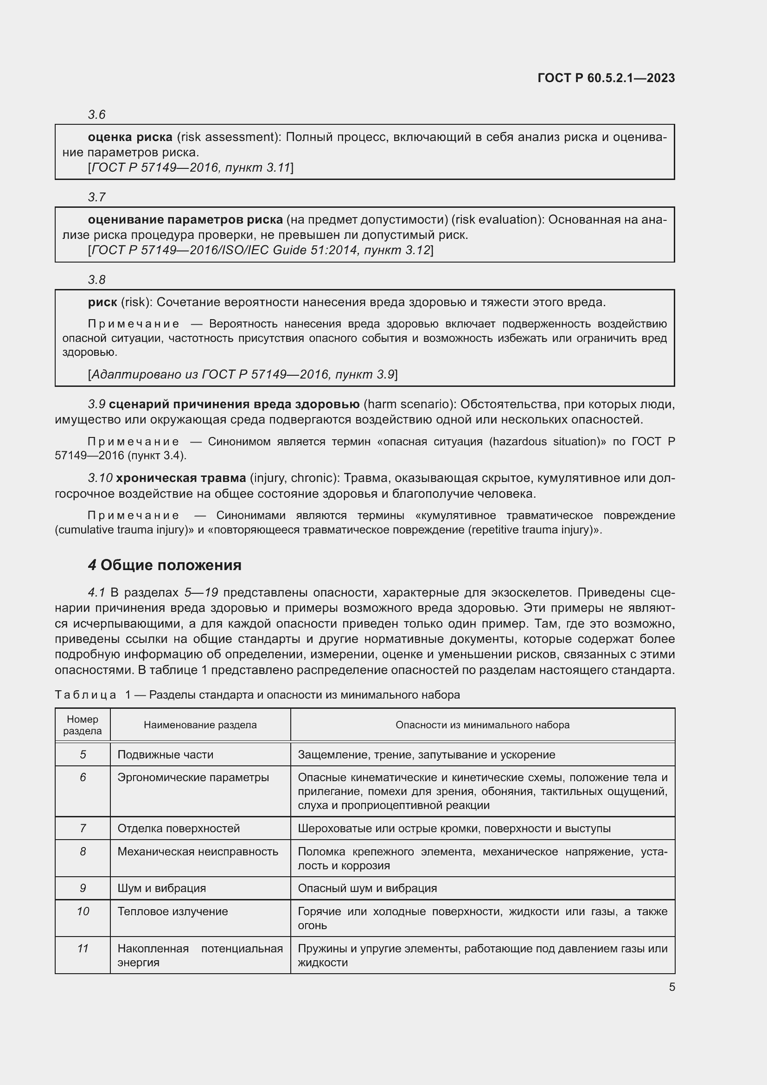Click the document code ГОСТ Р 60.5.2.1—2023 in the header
coord(606,78)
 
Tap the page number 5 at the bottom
coord(671,987)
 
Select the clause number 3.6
coord(96,115)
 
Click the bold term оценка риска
coord(130,137)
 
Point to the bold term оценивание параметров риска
coord(185,219)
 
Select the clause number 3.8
coord(96,279)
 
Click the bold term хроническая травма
coord(181,478)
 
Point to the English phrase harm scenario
coord(408,404)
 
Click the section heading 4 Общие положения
coord(165,565)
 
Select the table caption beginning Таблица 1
coord(257,694)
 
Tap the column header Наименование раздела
coord(200,725)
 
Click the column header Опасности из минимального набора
coord(482,725)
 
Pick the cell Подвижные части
coord(165,754)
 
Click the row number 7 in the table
coord(83,828)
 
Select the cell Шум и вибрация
coord(161,888)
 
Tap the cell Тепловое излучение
coord(173,911)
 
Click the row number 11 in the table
coord(83,949)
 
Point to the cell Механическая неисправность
coord(198,851)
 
